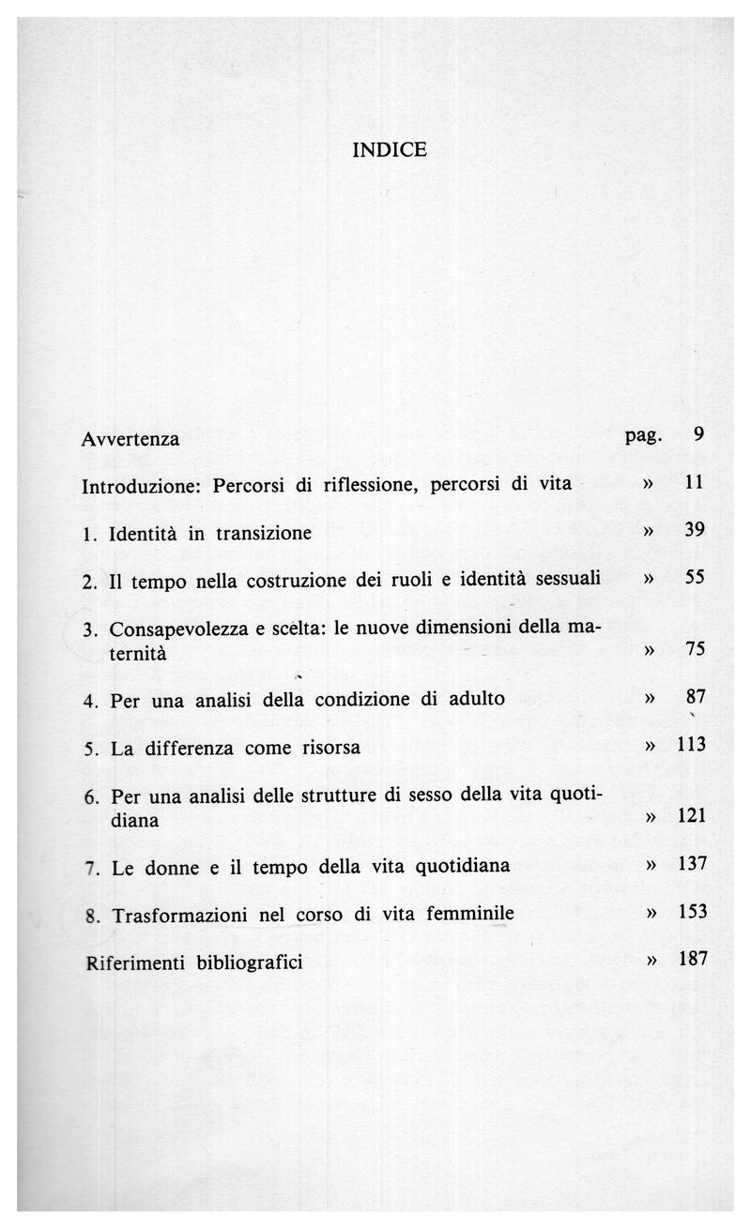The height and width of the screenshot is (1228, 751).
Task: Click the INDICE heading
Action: (390, 149)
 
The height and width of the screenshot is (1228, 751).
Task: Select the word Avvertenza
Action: (130, 439)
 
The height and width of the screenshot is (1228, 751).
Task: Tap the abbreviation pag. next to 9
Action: (643, 434)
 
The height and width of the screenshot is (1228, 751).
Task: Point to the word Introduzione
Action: (144, 487)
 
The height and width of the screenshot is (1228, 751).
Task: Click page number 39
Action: (695, 530)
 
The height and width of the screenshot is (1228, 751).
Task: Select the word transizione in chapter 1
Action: (264, 534)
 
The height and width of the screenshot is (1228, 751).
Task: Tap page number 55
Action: (695, 578)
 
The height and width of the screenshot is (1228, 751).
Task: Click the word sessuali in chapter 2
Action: (568, 580)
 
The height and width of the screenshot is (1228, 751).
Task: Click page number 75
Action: (696, 649)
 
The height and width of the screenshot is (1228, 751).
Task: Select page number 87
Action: (696, 697)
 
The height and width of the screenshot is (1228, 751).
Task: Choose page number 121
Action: (691, 817)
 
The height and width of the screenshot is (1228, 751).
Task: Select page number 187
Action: (691, 959)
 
